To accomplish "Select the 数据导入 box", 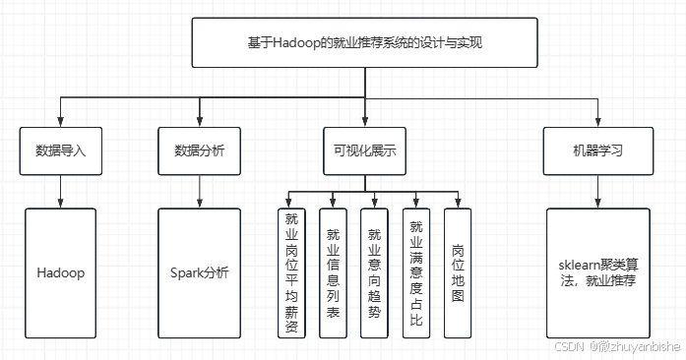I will click(x=62, y=151).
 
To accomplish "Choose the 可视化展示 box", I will click(x=364, y=151).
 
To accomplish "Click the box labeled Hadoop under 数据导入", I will click(x=62, y=272).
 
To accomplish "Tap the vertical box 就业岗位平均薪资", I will click(x=291, y=273).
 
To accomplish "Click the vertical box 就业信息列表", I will click(x=334, y=273).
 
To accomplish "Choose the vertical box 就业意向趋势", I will click(x=374, y=273).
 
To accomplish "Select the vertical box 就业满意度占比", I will click(x=416, y=273).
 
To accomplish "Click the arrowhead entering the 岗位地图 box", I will click(x=457, y=203).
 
